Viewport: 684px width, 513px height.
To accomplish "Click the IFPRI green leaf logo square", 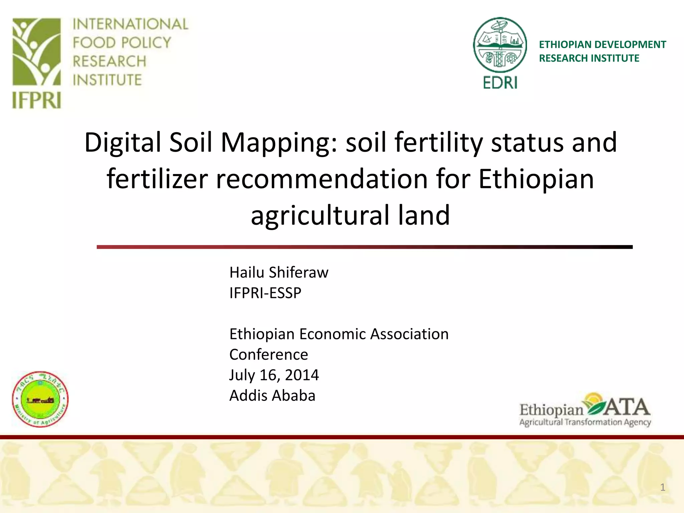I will [x=37, y=52].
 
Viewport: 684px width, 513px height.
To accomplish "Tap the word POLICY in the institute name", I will [x=146, y=43].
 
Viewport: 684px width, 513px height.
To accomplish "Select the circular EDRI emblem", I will [x=500, y=45].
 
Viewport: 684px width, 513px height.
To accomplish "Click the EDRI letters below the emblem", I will [x=500, y=82].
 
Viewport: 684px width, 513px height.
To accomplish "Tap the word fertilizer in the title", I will [x=157, y=179].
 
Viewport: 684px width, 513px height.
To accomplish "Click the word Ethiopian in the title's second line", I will [x=536, y=179].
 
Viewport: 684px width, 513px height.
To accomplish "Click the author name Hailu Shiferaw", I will [x=279, y=273].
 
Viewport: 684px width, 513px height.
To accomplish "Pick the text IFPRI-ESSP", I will [x=265, y=293].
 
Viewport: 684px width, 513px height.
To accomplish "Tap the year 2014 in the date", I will [x=302, y=375].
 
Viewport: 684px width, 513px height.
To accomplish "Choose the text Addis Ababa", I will [x=272, y=396].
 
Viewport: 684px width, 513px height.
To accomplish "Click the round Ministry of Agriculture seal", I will [x=40, y=399].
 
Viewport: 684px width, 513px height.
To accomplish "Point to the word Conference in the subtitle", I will [x=269, y=355].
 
